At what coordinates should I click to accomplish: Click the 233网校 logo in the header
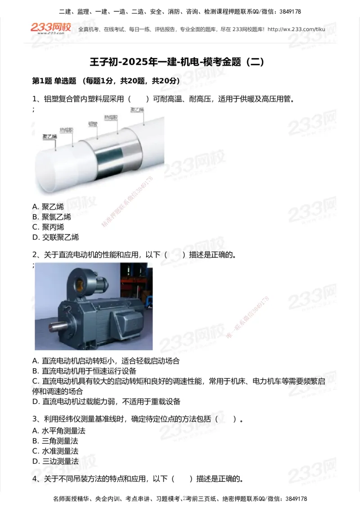coord(50,28)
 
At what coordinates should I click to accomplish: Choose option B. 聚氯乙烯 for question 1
coord(52,217)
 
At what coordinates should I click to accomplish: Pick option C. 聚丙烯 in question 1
coord(48,227)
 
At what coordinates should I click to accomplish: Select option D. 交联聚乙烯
coord(55,237)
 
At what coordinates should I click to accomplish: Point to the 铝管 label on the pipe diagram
coord(93,123)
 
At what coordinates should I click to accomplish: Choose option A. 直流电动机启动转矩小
coord(106,361)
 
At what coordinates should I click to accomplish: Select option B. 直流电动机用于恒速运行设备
coord(84,371)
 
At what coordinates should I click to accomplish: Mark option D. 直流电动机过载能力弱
coord(106,401)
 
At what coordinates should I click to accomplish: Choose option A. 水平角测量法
coord(59,431)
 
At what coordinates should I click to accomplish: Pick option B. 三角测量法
coord(55,441)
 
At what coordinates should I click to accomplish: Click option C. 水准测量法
coord(55,451)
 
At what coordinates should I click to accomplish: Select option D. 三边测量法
coord(55,461)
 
